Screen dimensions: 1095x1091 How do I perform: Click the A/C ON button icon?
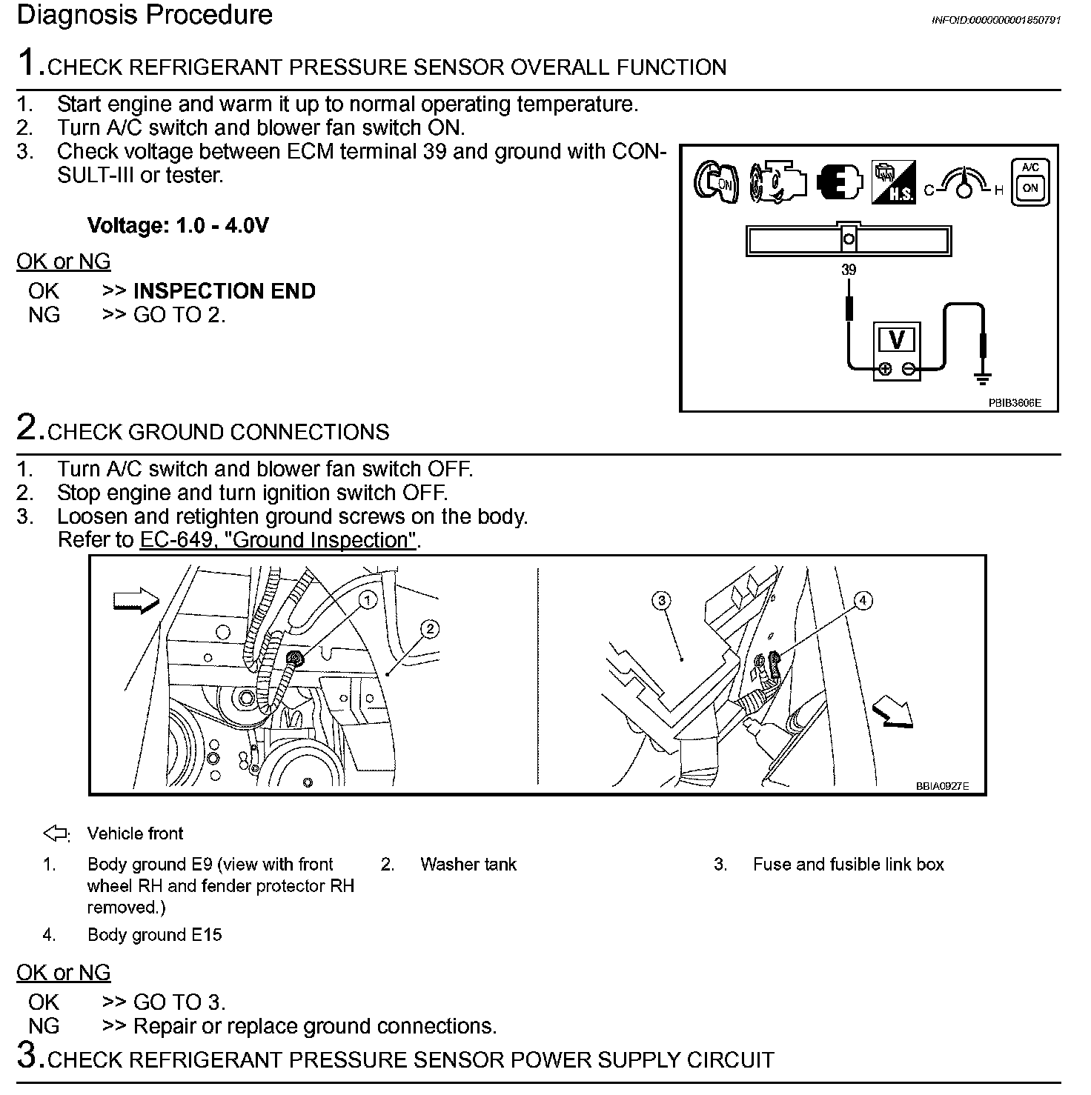(x=1030, y=182)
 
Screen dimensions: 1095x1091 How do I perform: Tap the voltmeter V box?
(x=896, y=340)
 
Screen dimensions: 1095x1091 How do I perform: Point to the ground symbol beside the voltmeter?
(x=983, y=379)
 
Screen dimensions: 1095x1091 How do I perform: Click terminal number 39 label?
(x=849, y=270)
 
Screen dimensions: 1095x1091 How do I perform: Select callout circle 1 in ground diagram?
(x=368, y=600)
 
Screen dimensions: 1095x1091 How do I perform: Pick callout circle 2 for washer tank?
(x=429, y=630)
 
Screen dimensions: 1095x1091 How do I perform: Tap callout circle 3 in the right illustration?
(x=662, y=600)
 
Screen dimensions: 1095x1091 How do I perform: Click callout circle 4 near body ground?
(x=863, y=601)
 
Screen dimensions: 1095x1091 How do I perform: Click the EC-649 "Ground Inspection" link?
(x=278, y=540)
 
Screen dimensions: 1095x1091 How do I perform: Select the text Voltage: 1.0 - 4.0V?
(x=178, y=225)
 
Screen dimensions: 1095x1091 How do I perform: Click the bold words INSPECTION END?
(x=225, y=291)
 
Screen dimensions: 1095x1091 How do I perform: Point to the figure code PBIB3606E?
(x=1014, y=403)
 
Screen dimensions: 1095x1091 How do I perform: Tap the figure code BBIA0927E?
(x=942, y=787)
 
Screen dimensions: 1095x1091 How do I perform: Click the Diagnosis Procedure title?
(x=145, y=15)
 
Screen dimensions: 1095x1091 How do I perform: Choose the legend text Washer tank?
(x=468, y=864)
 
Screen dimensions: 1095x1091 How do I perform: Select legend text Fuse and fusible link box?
(x=848, y=864)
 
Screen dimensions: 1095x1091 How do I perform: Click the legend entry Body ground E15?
(x=154, y=935)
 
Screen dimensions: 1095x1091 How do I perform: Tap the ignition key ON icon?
(x=715, y=182)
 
